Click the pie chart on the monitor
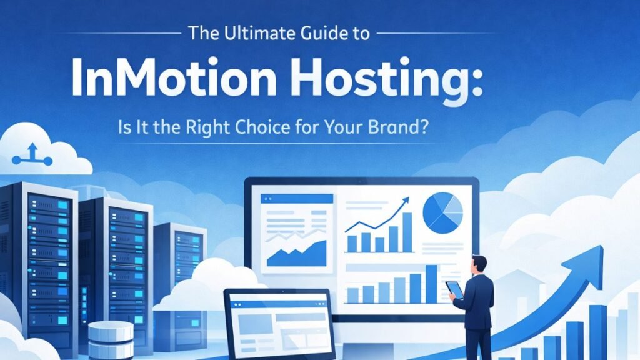442,212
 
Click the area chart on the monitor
296,253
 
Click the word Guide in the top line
330,34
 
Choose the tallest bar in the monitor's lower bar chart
431,284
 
